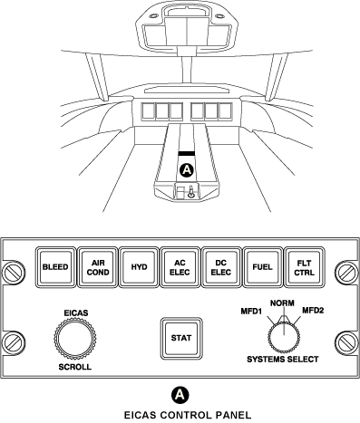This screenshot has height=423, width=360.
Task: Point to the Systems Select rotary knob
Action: pos(283,337)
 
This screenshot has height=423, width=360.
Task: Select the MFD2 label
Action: pos(314,312)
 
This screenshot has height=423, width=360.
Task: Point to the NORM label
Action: pos(283,303)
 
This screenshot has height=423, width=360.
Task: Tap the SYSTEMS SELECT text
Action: pos(283,361)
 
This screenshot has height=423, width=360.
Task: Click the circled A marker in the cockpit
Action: pos(188,170)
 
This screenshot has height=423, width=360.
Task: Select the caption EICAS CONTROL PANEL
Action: pos(180,415)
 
